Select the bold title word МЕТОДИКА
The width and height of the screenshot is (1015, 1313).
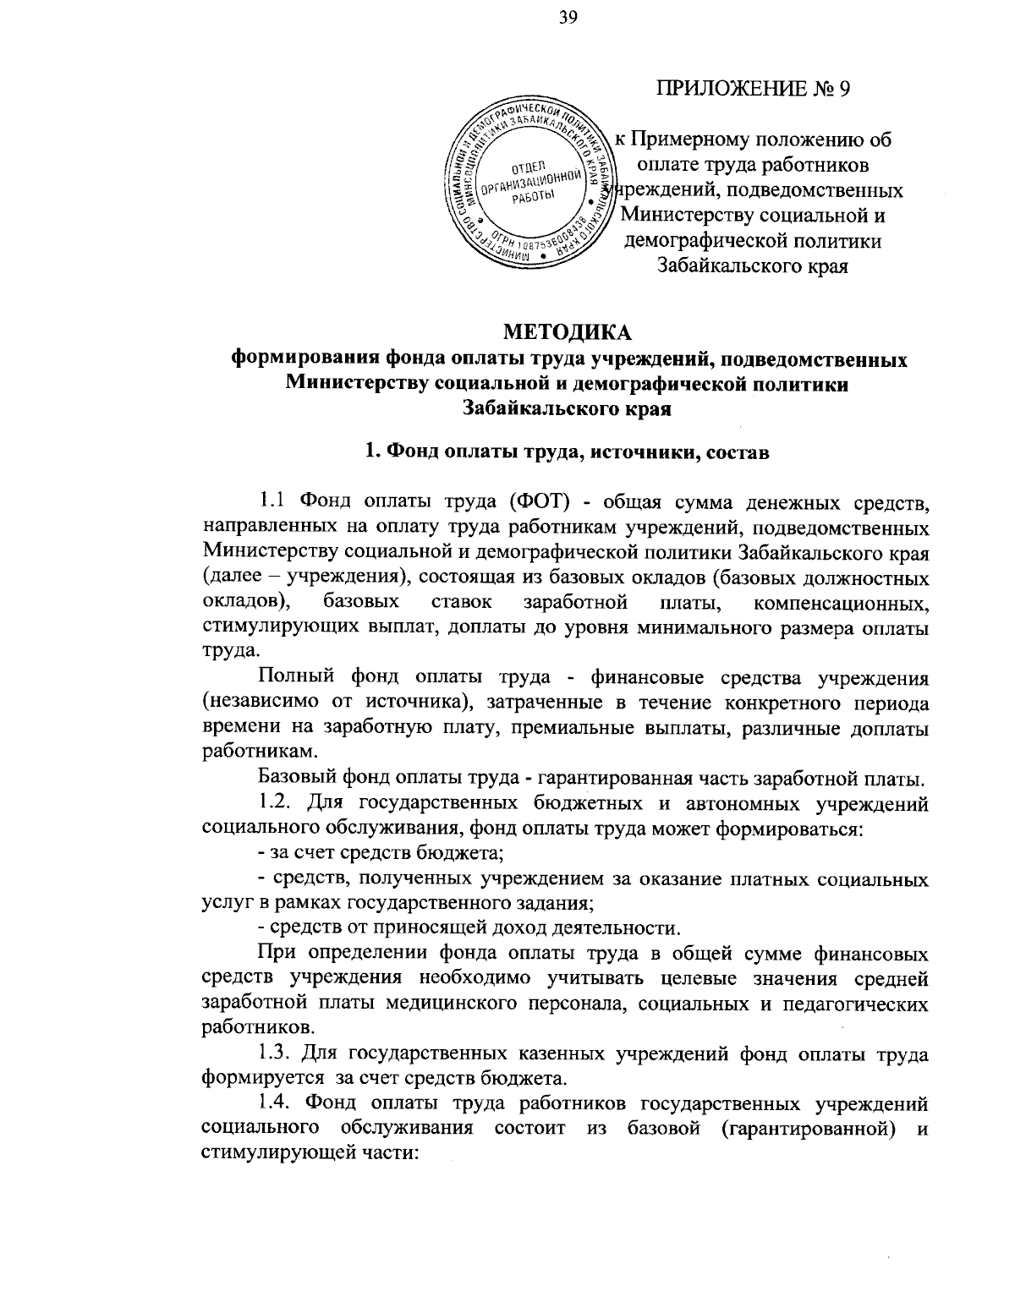568,331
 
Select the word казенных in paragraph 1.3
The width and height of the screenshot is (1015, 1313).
522,1055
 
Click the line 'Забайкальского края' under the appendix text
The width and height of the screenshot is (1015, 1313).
753,266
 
